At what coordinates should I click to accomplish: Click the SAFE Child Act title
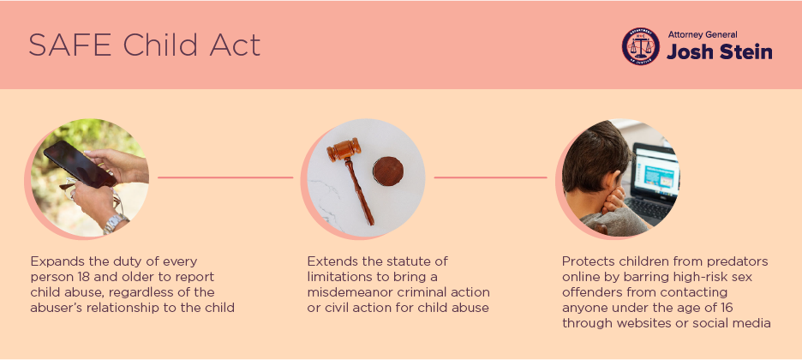click(144, 45)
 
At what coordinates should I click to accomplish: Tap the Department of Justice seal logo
click(640, 46)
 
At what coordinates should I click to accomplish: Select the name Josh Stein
click(720, 51)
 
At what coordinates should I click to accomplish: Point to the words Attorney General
click(703, 35)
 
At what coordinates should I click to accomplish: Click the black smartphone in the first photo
click(80, 164)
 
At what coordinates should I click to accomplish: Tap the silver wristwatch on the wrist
click(116, 224)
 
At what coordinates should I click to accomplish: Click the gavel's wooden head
click(344, 149)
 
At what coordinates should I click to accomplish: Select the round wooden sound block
click(388, 171)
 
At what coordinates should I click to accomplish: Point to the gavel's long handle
click(360, 192)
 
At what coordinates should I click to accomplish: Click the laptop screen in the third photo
click(656, 171)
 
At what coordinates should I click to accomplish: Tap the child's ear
click(608, 181)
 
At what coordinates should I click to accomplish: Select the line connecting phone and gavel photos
click(225, 177)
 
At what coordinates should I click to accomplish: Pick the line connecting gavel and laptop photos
click(490, 177)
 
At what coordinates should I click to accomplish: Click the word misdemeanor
click(352, 292)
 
